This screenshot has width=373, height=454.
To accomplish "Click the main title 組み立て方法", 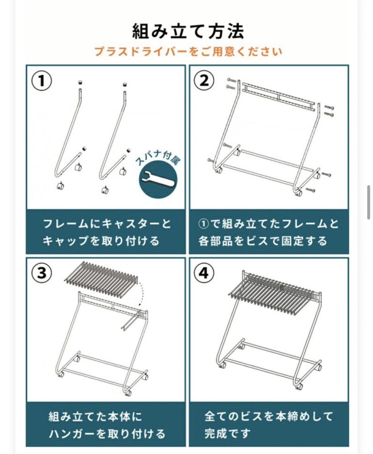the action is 188,31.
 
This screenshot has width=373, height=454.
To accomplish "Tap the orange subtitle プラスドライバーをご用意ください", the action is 188,51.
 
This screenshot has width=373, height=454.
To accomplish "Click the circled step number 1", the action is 42,81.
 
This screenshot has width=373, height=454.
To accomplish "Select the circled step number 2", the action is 204,80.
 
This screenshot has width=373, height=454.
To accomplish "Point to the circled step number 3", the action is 42,273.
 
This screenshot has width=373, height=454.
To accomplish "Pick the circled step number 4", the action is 204,273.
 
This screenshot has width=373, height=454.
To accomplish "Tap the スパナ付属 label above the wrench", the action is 157,159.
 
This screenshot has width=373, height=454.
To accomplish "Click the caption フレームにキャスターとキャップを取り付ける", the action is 107,232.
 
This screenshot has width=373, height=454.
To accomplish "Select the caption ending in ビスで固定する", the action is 269,232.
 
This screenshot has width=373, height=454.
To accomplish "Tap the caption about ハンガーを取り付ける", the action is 107,425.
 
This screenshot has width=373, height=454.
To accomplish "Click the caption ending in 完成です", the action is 269,425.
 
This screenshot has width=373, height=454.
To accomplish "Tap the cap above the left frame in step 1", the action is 80,82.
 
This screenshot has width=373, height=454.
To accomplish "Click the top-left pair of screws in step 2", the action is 231,83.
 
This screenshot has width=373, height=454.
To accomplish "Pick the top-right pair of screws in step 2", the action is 329,111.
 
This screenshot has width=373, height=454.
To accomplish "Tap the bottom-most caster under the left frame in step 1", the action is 61,185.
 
